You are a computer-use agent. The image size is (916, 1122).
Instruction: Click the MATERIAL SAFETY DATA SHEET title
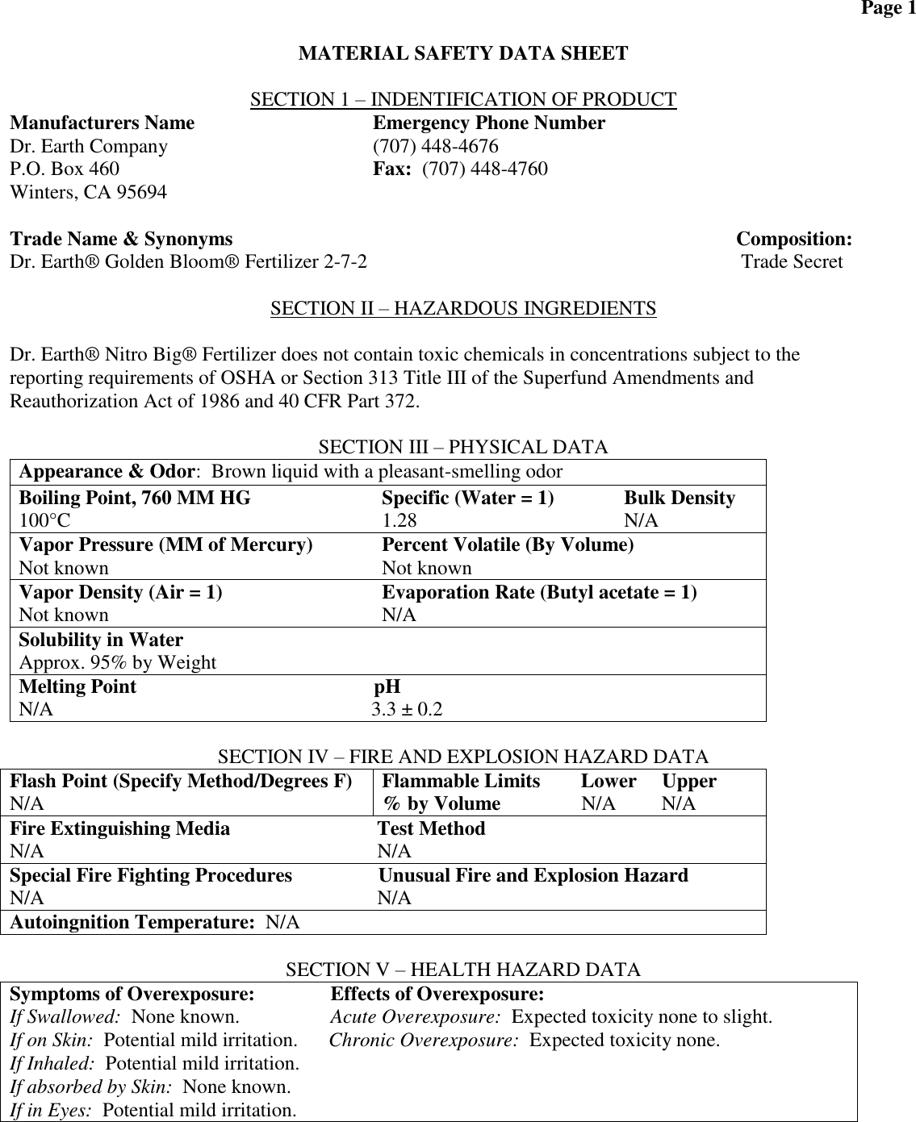coord(463,54)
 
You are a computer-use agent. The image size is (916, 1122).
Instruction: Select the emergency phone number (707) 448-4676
coord(435,147)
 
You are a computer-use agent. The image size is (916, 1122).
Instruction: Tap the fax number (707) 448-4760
coord(485,169)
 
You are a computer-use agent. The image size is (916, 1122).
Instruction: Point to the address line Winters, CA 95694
coord(89,193)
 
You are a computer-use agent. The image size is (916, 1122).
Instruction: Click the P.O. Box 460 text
coord(65,169)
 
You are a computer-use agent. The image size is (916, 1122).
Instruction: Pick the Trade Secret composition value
coord(792,262)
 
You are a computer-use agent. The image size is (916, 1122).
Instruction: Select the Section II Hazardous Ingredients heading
coord(463,309)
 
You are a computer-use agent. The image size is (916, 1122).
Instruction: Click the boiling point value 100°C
coord(44,521)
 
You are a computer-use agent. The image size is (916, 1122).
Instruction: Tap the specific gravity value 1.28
coord(399,521)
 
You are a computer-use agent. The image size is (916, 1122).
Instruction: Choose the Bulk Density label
coord(680,498)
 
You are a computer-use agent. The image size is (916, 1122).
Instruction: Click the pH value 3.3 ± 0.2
coord(407,710)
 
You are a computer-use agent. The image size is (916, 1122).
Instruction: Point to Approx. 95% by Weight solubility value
coord(118,663)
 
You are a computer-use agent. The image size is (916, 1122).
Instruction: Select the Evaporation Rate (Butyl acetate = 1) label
coord(539,593)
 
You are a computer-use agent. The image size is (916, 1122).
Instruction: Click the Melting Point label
coord(77,687)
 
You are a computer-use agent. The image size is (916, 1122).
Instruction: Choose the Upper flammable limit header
coord(689,781)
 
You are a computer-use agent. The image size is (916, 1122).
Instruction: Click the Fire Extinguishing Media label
coord(119,829)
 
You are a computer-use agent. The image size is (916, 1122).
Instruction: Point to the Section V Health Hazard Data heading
coord(463,970)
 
